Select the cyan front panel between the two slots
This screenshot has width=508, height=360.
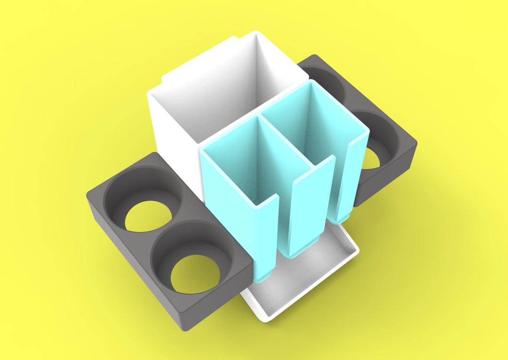[306, 207]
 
